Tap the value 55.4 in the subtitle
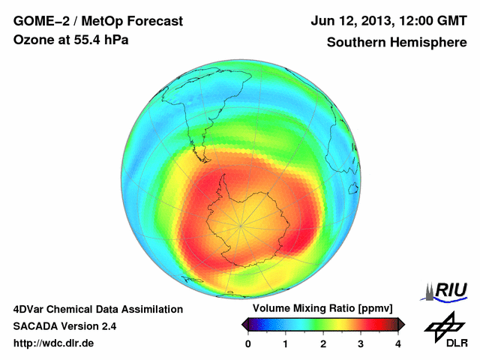click(88, 40)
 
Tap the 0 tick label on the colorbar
click(248, 343)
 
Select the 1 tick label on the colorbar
click(286, 343)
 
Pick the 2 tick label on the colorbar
click(323, 343)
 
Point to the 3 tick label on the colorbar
click(361, 343)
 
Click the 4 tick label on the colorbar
click(398, 343)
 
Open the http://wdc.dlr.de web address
click(54, 343)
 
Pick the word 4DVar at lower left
click(29, 309)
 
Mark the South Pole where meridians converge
click(240, 224)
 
